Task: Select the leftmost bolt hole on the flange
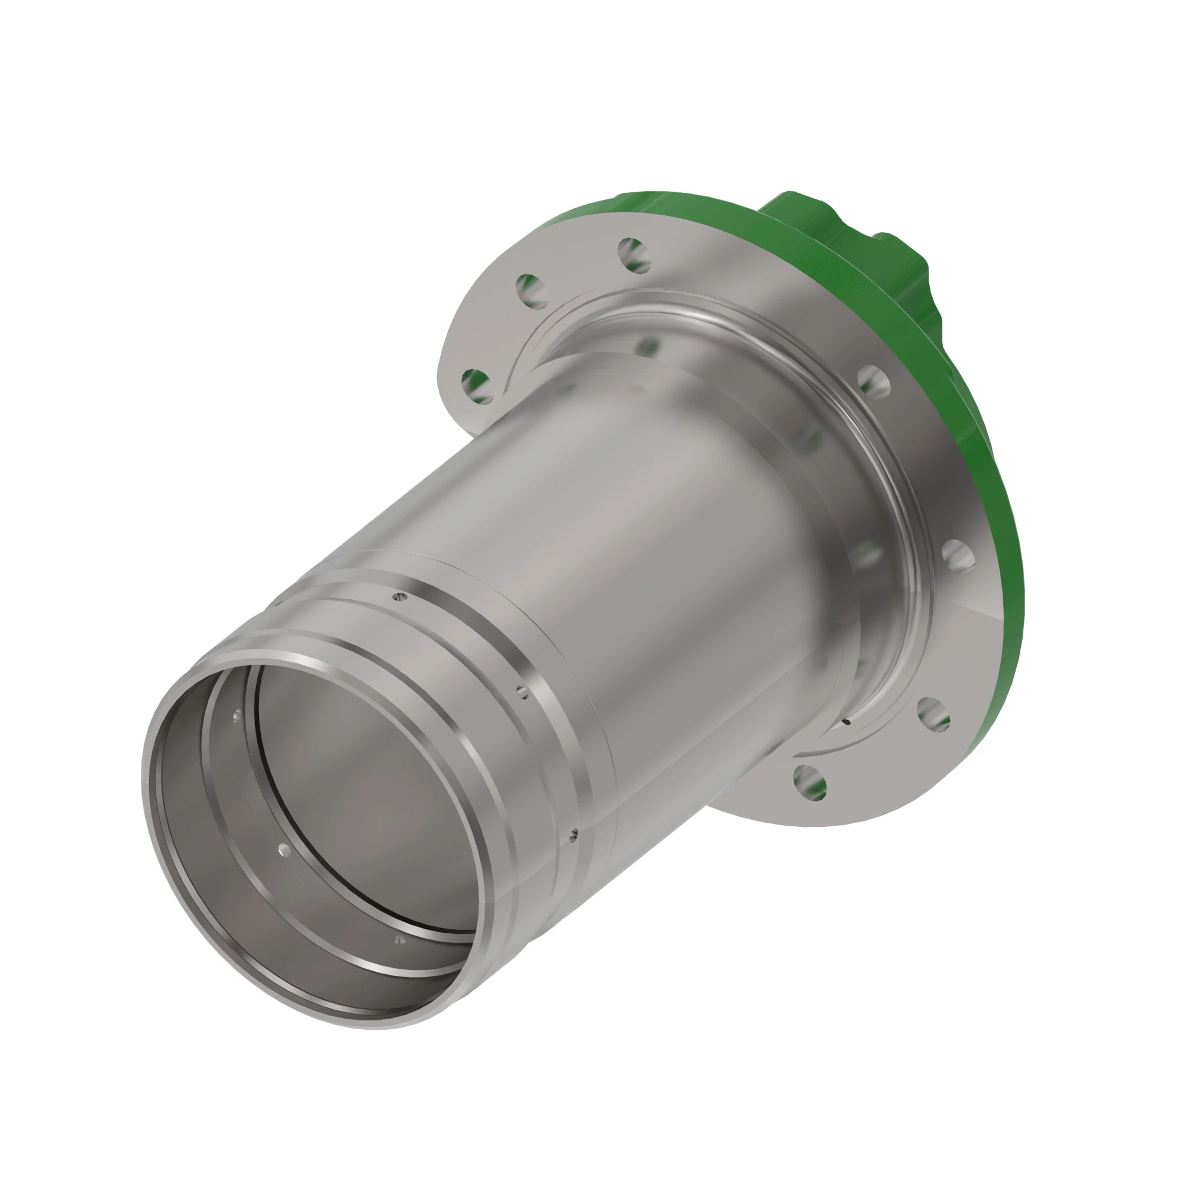pyautogui.click(x=477, y=386)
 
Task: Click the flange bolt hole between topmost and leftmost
pyautogui.click(x=532, y=290)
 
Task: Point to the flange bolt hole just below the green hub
pyautogui.click(x=874, y=381)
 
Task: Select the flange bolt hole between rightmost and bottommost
pyautogui.click(x=933, y=713)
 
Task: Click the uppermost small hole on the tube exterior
pyautogui.click(x=400, y=595)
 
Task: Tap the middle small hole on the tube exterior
pyautogui.click(x=522, y=691)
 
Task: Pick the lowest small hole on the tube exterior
pyautogui.click(x=573, y=834)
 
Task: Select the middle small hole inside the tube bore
pyautogui.click(x=283, y=849)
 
